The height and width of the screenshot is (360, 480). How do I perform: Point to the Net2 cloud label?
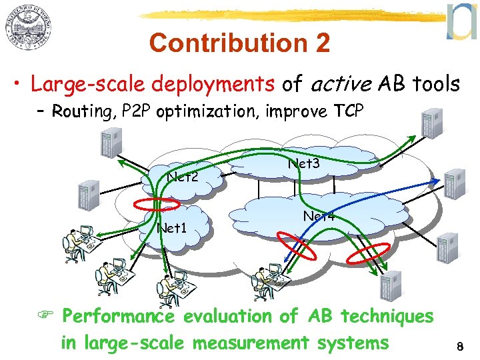click(x=183, y=177)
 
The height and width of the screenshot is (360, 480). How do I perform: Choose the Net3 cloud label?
click(x=305, y=162)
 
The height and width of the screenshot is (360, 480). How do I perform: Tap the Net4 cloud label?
click(x=319, y=216)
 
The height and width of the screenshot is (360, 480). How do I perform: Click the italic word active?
click(x=340, y=84)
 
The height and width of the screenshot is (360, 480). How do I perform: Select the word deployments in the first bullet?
click(x=213, y=85)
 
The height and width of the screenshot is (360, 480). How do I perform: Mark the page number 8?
click(x=459, y=347)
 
